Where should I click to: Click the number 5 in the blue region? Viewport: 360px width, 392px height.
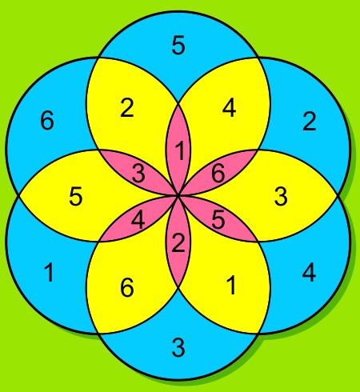click(178, 46)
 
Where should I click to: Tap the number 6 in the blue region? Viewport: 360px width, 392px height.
click(47, 120)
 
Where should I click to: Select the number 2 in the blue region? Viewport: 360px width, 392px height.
click(310, 122)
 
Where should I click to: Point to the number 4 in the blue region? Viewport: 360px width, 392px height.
click(309, 272)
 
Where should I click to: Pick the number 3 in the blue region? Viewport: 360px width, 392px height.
click(178, 347)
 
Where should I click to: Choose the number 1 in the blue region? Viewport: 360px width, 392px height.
click(49, 272)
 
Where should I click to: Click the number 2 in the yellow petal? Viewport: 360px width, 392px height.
click(127, 107)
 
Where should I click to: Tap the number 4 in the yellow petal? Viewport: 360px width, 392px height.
click(230, 107)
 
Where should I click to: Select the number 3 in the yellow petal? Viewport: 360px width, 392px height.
click(281, 196)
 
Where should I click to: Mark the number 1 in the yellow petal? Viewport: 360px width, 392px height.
click(231, 285)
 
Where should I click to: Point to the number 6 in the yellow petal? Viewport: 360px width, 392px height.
click(127, 287)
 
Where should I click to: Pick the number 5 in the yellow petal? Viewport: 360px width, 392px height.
click(76, 196)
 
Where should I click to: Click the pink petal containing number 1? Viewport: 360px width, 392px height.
click(178, 150)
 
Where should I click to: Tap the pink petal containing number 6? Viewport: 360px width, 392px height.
click(218, 173)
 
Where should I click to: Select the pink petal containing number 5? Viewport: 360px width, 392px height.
click(218, 219)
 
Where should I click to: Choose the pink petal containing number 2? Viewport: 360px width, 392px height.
click(178, 242)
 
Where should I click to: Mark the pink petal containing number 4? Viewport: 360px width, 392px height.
click(138, 219)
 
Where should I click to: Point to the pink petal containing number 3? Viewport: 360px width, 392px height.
click(138, 173)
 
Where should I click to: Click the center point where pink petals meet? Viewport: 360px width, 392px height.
click(178, 196)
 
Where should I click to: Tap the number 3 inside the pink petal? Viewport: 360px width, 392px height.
click(138, 174)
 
